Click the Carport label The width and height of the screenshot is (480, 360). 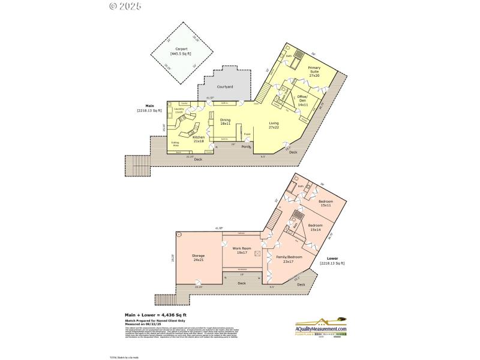181,52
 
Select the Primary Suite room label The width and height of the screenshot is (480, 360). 314,71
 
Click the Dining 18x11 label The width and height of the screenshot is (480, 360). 225,122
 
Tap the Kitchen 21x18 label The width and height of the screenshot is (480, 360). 199,139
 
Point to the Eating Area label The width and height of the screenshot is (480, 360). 176,144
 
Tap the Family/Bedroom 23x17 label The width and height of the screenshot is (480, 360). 289,259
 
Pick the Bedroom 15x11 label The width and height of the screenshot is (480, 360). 326,202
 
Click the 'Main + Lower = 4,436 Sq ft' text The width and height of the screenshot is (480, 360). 155,314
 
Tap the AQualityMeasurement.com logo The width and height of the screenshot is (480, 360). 321,328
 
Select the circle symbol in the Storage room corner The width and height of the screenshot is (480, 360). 178,234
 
